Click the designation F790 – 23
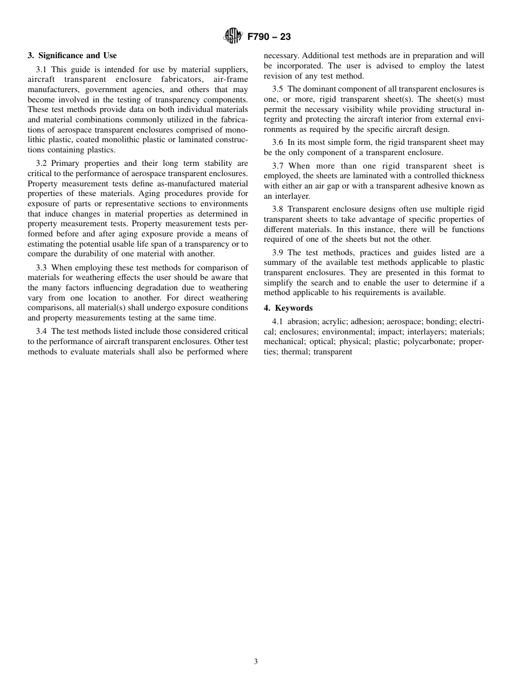269,37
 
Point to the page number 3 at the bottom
255,662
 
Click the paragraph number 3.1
41,70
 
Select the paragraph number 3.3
41,268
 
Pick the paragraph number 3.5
278,89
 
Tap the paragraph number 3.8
278,209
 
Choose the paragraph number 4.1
278,321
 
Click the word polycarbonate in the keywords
428,341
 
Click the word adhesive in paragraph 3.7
424,186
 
